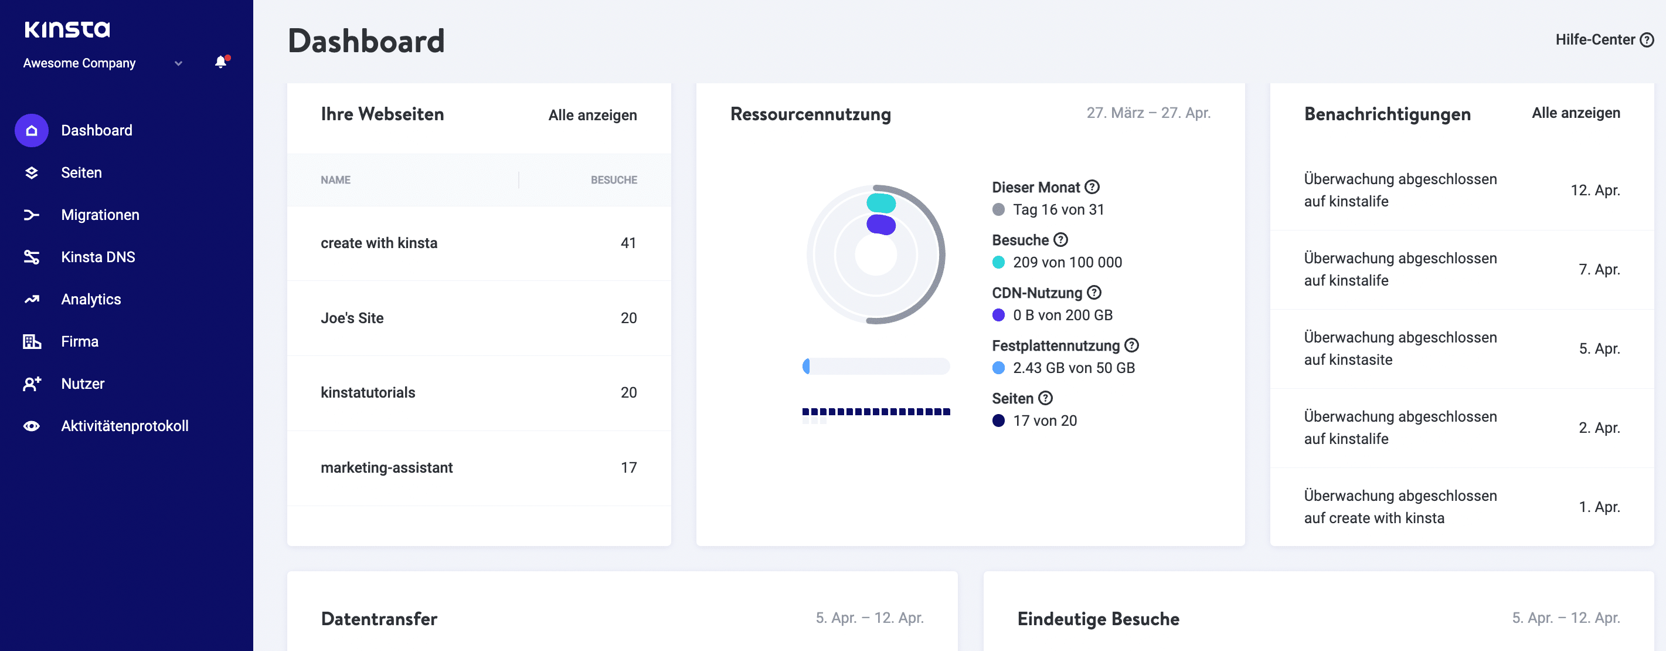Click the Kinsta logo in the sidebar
pyautogui.click(x=67, y=29)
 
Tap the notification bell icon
pyautogui.click(x=220, y=62)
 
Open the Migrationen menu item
pyautogui.click(x=100, y=215)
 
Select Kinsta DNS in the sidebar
pyautogui.click(x=98, y=257)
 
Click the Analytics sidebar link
pyautogui.click(x=90, y=299)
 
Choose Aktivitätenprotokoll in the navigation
pyautogui.click(x=124, y=426)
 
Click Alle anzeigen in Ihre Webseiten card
pyautogui.click(x=591, y=115)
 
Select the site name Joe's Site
pyautogui.click(x=352, y=318)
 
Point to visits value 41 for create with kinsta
pyautogui.click(x=628, y=243)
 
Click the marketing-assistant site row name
pyautogui.click(x=386, y=467)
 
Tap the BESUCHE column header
pyautogui.click(x=613, y=180)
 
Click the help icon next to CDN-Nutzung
pyautogui.click(x=1094, y=293)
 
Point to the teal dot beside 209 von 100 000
pyautogui.click(x=998, y=262)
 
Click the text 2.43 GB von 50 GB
pyautogui.click(x=1073, y=368)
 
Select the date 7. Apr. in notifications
pyautogui.click(x=1598, y=269)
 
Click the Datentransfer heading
pyautogui.click(x=379, y=619)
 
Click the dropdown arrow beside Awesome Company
pyautogui.click(x=178, y=63)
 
